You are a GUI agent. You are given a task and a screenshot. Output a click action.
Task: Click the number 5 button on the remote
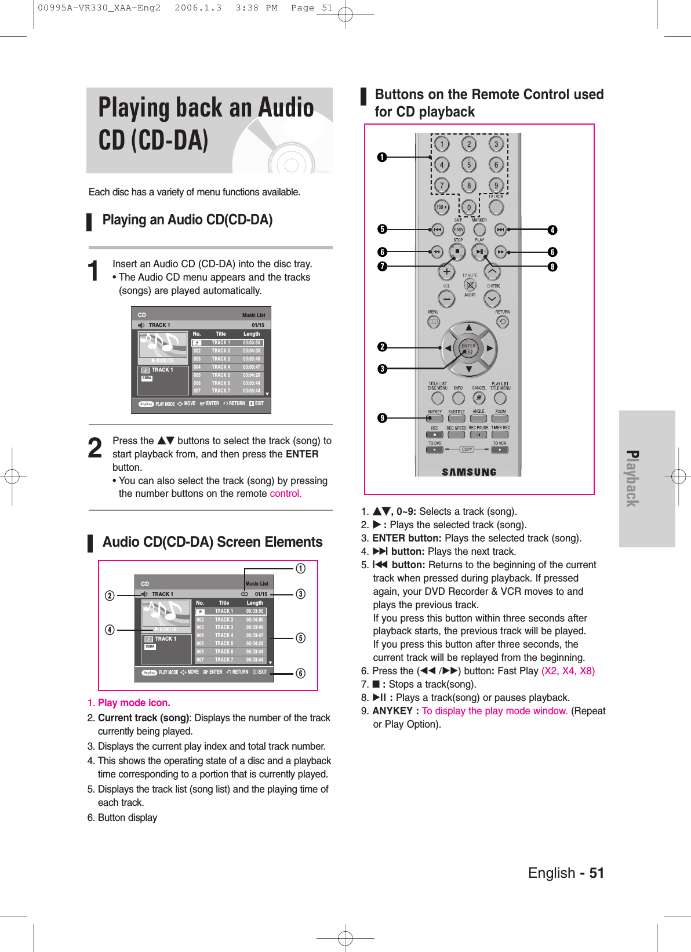tap(469, 165)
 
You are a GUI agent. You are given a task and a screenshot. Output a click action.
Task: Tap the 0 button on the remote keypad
tap(469, 207)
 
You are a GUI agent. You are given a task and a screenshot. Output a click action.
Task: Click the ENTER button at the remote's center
tap(468, 348)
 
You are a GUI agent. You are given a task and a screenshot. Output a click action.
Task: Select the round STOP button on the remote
tap(457, 252)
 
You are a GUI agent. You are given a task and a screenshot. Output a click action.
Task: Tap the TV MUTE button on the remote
tap(470, 285)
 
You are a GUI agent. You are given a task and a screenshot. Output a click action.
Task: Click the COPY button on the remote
tap(467, 449)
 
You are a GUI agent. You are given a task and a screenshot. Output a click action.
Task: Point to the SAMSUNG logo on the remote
tap(469, 472)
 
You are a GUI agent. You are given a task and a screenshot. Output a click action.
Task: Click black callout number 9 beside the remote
tap(382, 418)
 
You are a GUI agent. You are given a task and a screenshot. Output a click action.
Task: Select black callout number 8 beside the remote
tap(552, 267)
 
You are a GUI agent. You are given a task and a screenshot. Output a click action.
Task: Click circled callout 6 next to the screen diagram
tap(300, 673)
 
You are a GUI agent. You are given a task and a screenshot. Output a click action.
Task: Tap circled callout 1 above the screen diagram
tap(300, 569)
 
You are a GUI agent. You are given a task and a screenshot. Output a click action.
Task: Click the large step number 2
tap(95, 448)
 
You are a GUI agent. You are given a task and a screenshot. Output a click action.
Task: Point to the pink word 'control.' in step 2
tap(285, 494)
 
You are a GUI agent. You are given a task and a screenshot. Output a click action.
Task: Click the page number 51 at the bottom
tap(597, 873)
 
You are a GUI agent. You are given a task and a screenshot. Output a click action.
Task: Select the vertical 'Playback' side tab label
tap(632, 478)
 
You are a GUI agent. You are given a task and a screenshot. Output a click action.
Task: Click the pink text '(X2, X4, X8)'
tap(568, 671)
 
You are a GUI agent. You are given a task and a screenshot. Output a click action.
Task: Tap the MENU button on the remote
tap(434, 322)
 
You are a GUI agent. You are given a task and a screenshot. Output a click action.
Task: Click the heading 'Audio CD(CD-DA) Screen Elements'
tap(212, 542)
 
